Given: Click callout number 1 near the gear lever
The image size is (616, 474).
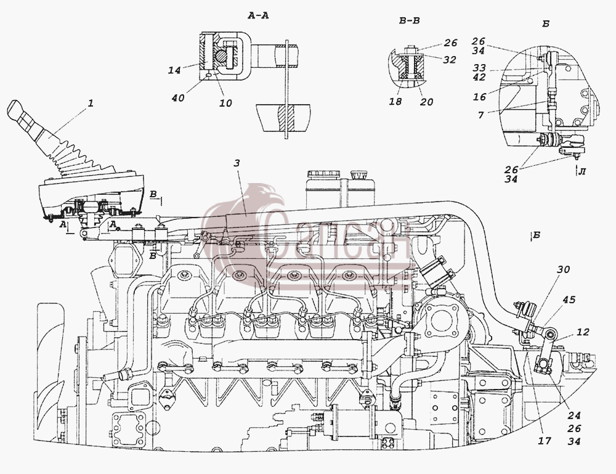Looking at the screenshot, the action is (91, 104).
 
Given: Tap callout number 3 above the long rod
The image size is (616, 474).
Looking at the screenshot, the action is (236, 163).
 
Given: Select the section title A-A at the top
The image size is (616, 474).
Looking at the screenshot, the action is (259, 16).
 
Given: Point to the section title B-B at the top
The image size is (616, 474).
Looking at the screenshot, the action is (410, 20).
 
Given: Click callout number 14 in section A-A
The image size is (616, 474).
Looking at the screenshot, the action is (174, 70).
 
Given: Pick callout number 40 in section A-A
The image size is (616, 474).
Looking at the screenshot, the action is (178, 97).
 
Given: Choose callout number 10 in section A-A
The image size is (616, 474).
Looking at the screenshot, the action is (225, 103).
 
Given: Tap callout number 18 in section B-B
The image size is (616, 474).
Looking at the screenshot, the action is (395, 102).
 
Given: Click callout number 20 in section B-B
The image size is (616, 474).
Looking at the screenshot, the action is (426, 102).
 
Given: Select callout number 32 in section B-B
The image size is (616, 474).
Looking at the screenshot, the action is (450, 59).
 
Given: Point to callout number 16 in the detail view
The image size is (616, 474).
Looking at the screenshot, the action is (480, 96).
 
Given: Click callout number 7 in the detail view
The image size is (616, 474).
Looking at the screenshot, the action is (481, 115).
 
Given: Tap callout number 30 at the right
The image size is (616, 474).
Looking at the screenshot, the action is (563, 269).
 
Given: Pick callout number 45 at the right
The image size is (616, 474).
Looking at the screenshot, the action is (569, 300).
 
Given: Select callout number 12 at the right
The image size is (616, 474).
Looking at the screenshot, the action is (583, 332).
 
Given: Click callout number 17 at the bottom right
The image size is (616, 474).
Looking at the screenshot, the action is (545, 441).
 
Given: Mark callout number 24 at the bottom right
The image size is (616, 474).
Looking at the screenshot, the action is (574, 415).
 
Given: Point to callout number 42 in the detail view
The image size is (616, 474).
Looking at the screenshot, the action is (479, 77).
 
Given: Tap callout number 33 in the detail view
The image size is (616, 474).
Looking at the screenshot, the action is (479, 68).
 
